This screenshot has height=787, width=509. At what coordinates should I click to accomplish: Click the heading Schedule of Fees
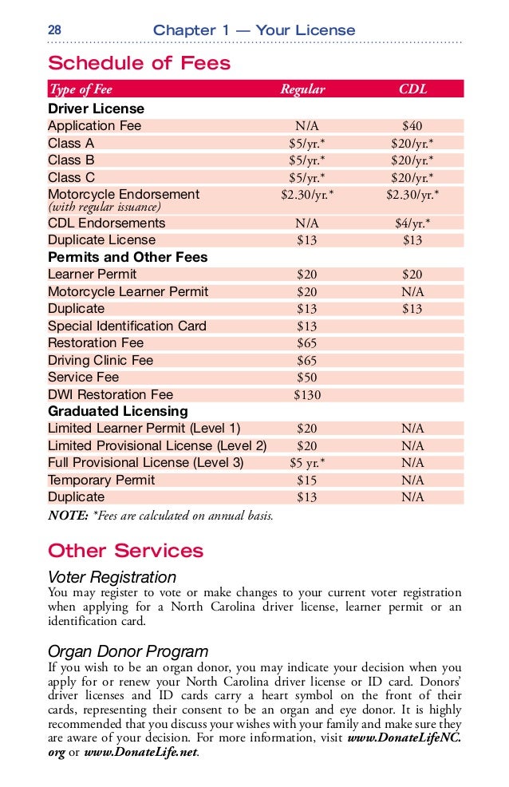pyautogui.click(x=139, y=64)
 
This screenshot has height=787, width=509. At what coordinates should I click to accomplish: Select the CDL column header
pyautogui.click(x=412, y=89)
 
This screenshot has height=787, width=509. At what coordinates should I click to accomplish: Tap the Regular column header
pyautogui.click(x=302, y=89)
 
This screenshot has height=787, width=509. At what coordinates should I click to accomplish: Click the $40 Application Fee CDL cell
pyautogui.click(x=412, y=126)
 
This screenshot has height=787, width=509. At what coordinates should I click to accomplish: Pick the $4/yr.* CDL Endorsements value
pyautogui.click(x=412, y=223)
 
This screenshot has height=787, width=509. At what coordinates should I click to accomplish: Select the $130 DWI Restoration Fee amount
pyautogui.click(x=306, y=395)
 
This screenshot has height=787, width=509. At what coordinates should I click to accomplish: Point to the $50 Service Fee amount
pyautogui.click(x=306, y=378)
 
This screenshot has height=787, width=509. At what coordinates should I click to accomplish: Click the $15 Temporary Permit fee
pyautogui.click(x=306, y=481)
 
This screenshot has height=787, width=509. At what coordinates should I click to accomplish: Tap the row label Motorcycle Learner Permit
pyautogui.click(x=128, y=292)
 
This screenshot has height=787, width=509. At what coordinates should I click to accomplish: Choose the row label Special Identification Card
pyautogui.click(x=127, y=326)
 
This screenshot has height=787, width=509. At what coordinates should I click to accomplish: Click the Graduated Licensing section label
pyautogui.click(x=118, y=412)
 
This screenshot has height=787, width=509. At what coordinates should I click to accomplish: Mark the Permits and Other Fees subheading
pyautogui.click(x=128, y=258)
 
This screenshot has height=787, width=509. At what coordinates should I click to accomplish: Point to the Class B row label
pyautogui.click(x=71, y=160)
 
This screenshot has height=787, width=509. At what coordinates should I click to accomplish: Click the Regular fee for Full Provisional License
pyautogui.click(x=306, y=463)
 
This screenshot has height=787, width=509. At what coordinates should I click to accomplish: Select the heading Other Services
pyautogui.click(x=125, y=552)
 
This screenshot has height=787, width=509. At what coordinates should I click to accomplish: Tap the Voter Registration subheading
pyautogui.click(x=112, y=577)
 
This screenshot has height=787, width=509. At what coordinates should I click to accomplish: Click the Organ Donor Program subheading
pyautogui.click(x=128, y=651)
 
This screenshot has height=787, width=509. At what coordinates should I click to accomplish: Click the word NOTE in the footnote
pyautogui.click(x=68, y=516)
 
